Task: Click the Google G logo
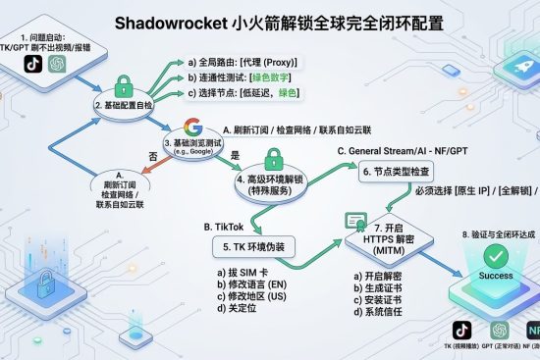[x=192, y=129]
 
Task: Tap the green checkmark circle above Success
[x=495, y=256]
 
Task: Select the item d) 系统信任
[x=382, y=314]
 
